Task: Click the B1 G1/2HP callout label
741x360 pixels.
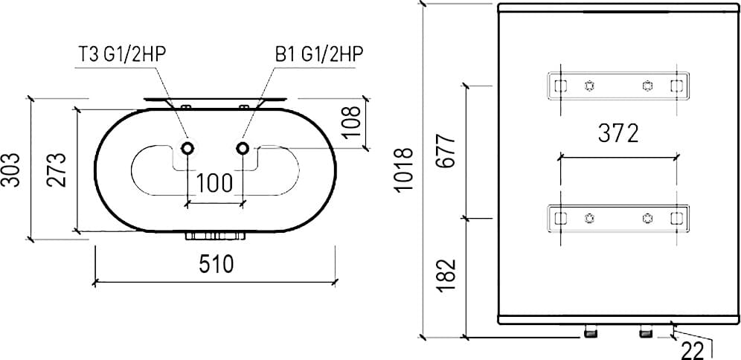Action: pyautogui.click(x=321, y=54)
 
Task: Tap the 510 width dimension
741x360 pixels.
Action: pyautogui.click(x=216, y=265)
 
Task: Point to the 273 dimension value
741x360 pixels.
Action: pyautogui.click(x=57, y=170)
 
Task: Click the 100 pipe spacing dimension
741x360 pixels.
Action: pyautogui.click(x=216, y=183)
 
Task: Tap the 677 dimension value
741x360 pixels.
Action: pyautogui.click(x=446, y=151)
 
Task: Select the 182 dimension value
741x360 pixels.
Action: pyautogui.click(x=446, y=275)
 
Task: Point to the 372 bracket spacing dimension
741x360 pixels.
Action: pyautogui.click(x=618, y=134)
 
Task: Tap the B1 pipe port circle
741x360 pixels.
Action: pyautogui.click(x=243, y=148)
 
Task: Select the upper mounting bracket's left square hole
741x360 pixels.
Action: pyautogui.click(x=561, y=84)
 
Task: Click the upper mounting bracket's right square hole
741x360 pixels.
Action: pyautogui.click(x=676, y=84)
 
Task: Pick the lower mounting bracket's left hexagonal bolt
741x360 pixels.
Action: pyautogui.click(x=589, y=218)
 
